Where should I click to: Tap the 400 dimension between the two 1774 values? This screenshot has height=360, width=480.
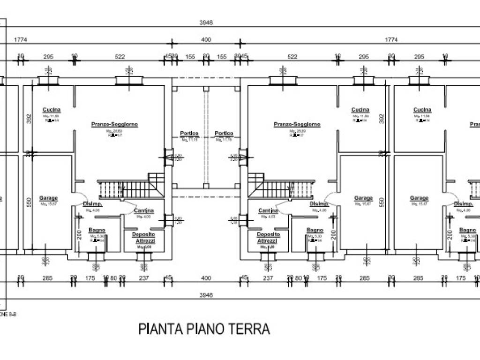206,40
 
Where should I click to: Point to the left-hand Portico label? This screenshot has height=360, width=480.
189,134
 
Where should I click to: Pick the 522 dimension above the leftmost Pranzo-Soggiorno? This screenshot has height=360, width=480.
120,57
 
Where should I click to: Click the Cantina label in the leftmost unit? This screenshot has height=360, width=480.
144,210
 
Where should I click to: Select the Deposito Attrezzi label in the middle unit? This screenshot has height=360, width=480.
268,237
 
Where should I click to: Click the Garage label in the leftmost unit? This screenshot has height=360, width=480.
49,198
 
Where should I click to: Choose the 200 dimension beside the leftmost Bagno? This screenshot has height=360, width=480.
79,235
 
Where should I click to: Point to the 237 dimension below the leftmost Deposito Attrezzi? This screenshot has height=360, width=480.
144,278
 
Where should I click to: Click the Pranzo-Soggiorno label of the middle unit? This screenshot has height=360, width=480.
297,124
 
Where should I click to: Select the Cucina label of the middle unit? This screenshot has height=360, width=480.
360,110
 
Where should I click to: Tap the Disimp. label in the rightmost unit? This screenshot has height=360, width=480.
463,204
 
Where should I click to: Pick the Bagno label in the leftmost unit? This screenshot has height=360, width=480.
97,230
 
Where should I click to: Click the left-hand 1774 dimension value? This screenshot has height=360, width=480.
21,40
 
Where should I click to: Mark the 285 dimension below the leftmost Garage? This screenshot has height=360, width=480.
47,278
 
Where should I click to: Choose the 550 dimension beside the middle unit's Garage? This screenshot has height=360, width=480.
382,202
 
